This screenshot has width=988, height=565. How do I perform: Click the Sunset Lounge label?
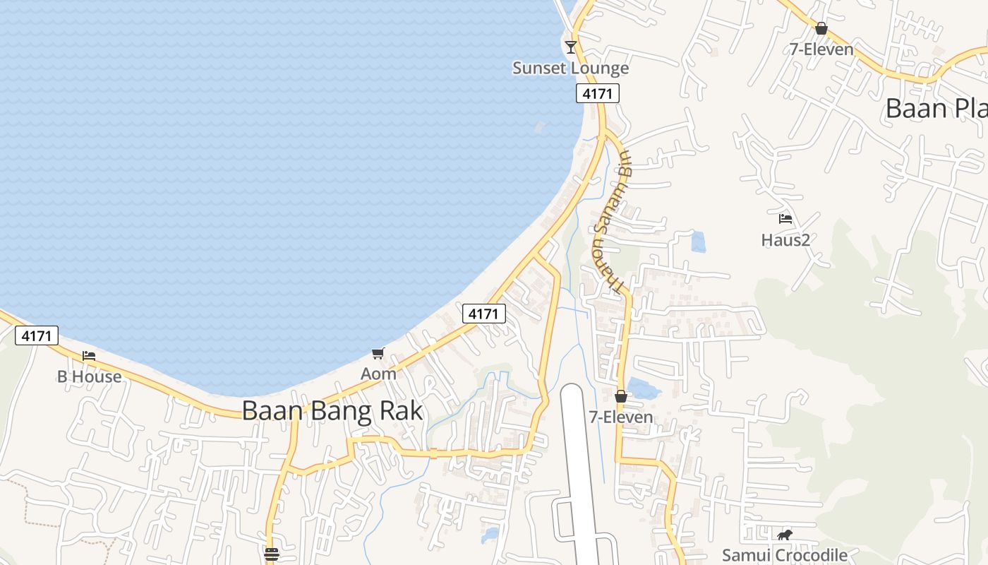[570, 69]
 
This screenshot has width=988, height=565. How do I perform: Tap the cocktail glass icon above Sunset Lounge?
[571, 47]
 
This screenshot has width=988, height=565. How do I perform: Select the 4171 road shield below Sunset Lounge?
[597, 93]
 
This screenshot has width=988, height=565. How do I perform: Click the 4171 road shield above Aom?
[484, 313]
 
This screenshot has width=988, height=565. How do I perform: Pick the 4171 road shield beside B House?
[37, 335]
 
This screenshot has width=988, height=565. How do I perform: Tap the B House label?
[90, 376]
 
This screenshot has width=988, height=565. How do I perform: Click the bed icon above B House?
[89, 355]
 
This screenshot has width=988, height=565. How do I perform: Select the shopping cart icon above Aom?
[378, 353]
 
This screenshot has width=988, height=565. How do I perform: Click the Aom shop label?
[378, 374]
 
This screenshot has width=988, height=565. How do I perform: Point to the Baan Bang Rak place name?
[332, 410]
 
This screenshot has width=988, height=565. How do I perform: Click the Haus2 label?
[785, 240]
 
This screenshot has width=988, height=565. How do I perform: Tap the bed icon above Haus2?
[785, 219]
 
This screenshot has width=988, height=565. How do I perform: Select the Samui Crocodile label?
[784, 555]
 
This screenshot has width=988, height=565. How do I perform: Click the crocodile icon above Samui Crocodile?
[785, 535]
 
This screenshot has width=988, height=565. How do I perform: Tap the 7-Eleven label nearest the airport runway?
[621, 417]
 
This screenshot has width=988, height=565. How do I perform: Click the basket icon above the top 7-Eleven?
[821, 29]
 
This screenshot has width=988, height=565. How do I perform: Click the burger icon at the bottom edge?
[272, 554]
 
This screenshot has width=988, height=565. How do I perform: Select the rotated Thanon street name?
[611, 222]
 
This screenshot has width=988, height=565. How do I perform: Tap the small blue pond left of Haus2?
[698, 242]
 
